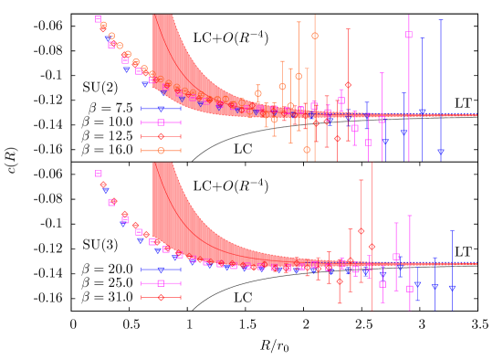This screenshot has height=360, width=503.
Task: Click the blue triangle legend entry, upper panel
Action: point(161,109)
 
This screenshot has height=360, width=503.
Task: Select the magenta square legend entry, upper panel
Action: point(161,122)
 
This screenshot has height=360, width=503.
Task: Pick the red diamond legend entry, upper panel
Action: point(161,136)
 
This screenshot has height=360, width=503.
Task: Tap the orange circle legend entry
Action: point(161,151)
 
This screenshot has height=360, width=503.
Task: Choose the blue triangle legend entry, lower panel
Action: point(161,270)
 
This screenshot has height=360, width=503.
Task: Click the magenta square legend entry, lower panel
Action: point(161,283)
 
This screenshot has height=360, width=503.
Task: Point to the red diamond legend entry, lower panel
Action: point(161,297)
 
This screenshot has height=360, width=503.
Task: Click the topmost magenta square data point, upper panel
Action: point(98,19)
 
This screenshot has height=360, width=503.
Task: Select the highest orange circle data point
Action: point(315,36)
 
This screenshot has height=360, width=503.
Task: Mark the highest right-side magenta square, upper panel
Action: point(409,35)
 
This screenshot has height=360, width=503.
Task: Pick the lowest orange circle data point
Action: point(307,150)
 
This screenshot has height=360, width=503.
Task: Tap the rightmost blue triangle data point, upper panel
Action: point(441,153)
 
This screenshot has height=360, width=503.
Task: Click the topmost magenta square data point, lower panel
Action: point(98,174)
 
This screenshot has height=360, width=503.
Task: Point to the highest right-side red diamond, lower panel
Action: point(362,231)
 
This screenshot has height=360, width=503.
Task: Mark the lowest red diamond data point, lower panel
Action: point(340,281)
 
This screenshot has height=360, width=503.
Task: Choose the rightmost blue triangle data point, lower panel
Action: point(452,289)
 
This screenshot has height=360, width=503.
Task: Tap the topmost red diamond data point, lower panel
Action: point(103,185)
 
